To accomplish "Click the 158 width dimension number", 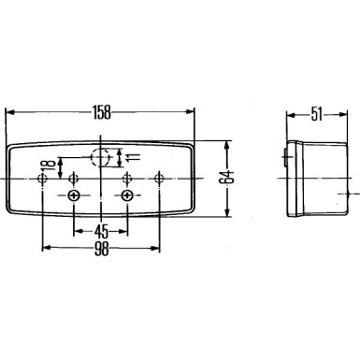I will click(x=102, y=112).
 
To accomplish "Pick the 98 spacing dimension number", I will click(x=100, y=250).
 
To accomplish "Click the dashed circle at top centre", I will click(x=102, y=155).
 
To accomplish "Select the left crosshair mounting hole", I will click(x=75, y=194).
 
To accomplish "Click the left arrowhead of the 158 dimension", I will click(x=10, y=112).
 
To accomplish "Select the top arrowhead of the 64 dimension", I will click(x=225, y=144).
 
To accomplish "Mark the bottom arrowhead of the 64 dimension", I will click(x=225, y=213).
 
